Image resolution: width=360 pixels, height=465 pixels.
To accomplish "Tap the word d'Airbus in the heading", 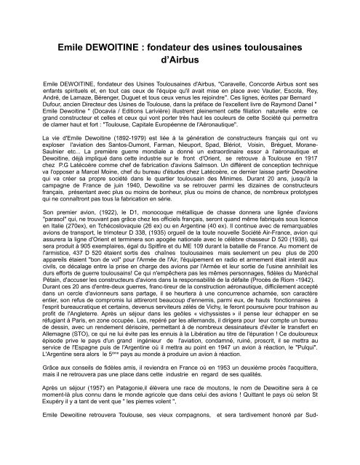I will coord(180,60).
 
